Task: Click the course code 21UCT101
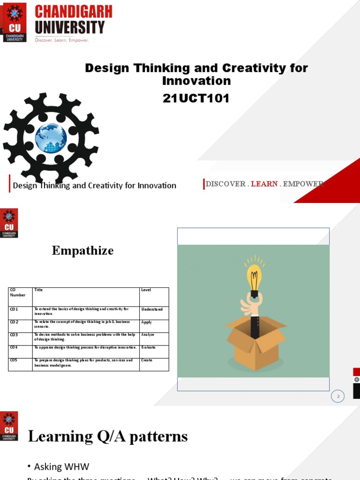196,98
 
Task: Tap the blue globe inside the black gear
51,138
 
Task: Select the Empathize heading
82,251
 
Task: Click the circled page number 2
337,397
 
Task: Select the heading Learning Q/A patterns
108,436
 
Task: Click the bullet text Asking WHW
61,466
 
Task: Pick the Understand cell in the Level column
152,309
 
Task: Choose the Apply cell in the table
147,322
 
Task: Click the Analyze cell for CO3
148,335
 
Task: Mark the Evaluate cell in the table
148,348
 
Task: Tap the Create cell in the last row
147,360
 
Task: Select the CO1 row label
14,309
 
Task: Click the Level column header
146,290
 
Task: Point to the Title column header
38,290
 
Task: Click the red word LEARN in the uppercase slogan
264,184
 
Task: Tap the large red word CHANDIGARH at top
74,12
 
